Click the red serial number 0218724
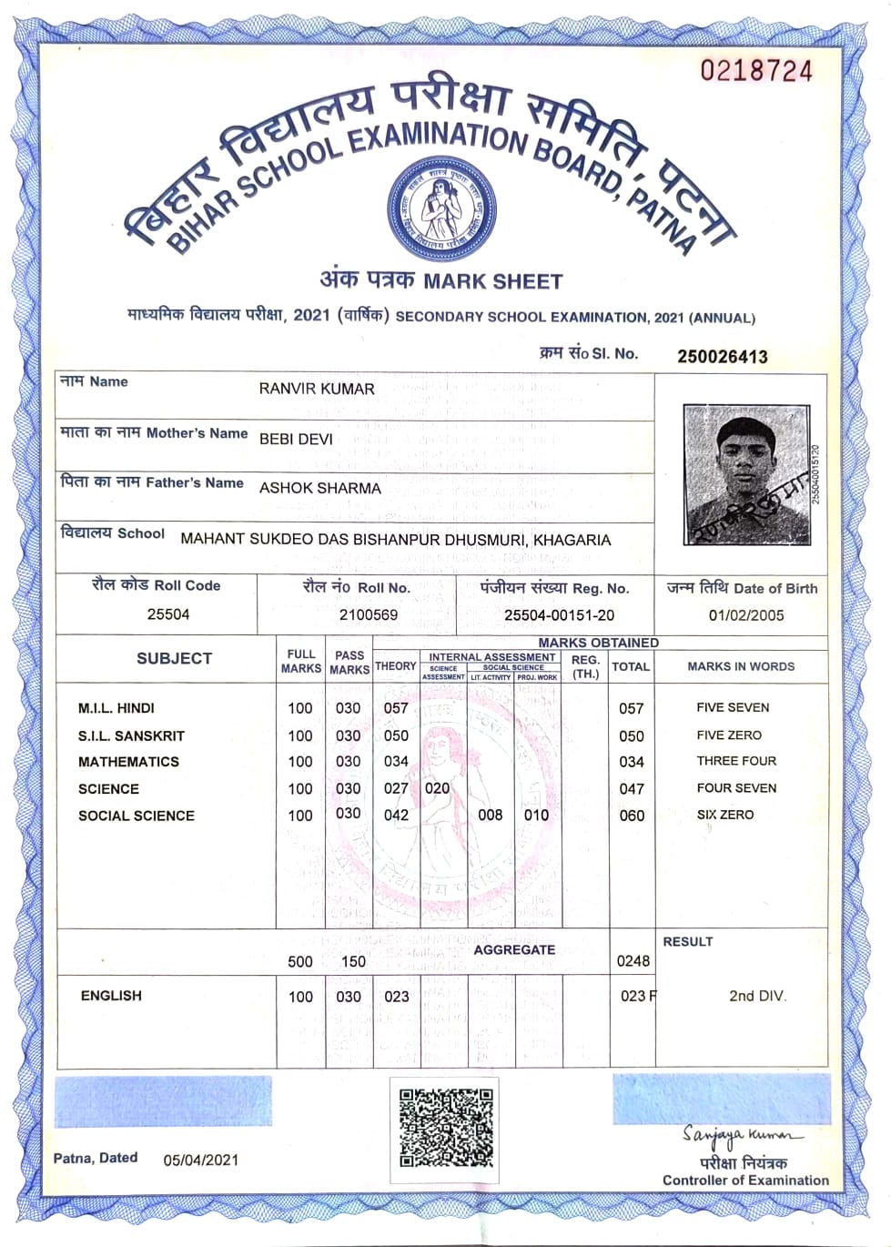(x=755, y=71)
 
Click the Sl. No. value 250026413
(x=722, y=356)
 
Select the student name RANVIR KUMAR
(x=317, y=389)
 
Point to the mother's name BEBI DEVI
(x=296, y=439)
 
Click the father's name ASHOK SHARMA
(x=319, y=488)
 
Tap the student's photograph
(x=746, y=474)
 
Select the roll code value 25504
(x=168, y=614)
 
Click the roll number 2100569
(x=368, y=614)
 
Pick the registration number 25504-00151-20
(x=559, y=615)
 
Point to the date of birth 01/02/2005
(x=745, y=615)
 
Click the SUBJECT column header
(x=174, y=659)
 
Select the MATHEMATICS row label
(x=128, y=762)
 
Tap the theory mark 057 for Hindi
(x=395, y=708)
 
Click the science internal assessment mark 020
(x=437, y=788)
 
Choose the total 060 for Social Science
(x=631, y=816)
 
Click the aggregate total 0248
(x=633, y=961)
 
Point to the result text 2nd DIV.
(x=756, y=996)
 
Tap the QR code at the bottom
(x=446, y=1128)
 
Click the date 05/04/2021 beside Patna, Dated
(x=201, y=1160)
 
